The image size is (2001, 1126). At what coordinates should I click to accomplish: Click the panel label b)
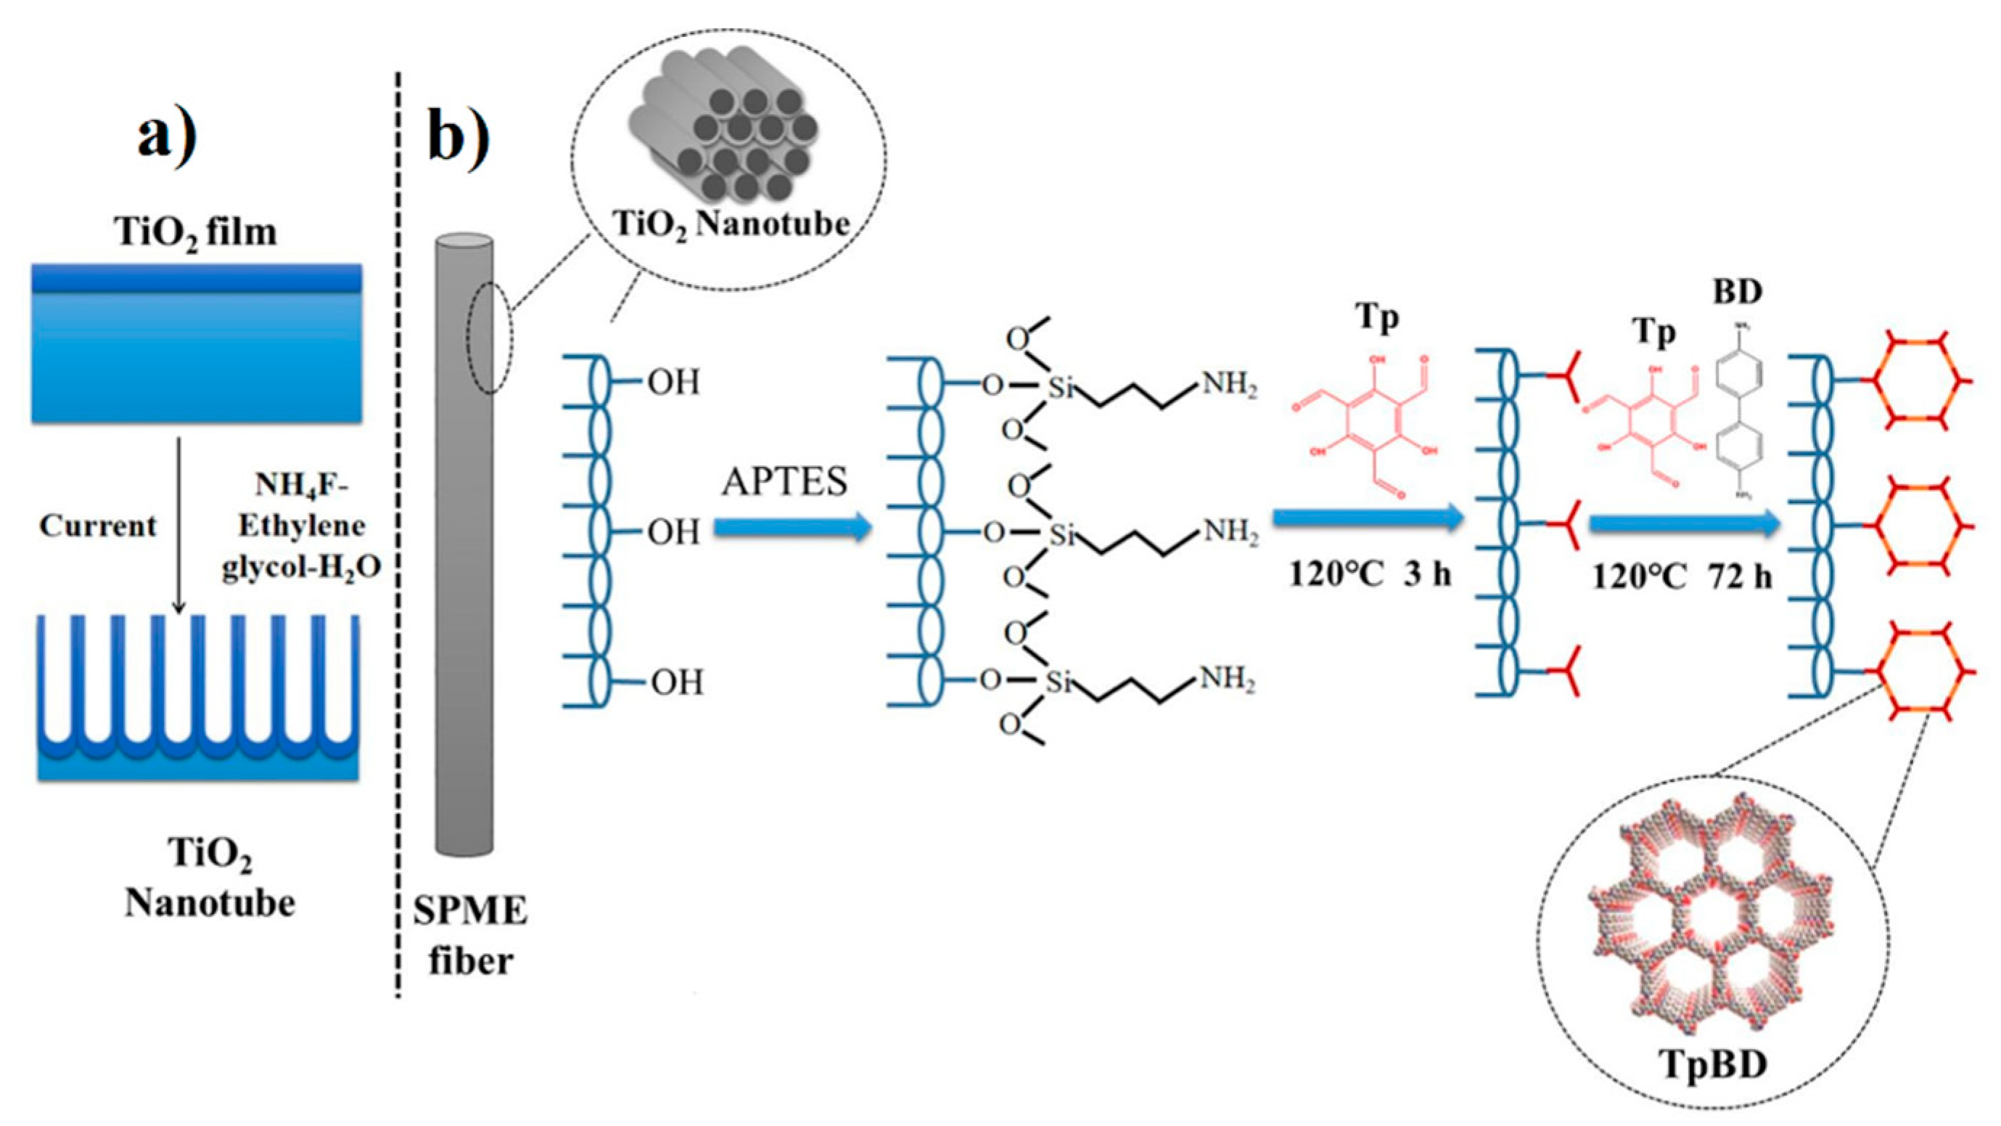point(459,139)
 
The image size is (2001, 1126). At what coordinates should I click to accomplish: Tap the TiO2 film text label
point(196,232)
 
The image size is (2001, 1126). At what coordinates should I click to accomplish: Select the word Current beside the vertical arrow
point(98,526)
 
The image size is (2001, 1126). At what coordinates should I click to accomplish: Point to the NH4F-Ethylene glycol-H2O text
point(301,526)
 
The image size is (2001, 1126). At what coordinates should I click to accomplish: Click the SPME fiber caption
point(470,936)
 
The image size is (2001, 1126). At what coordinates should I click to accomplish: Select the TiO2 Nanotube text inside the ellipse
point(730,224)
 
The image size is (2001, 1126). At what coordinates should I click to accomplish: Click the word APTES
point(784,482)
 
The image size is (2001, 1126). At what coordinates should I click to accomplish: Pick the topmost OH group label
point(673,383)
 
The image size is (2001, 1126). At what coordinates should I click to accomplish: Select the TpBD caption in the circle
point(1714,1063)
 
